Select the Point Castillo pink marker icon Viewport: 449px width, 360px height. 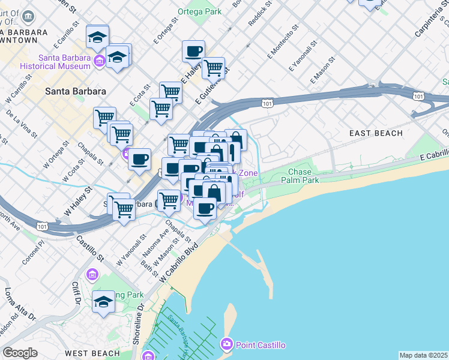pos(227,344)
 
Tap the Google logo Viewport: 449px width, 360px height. pos(20,353)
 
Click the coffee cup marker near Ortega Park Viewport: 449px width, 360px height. pos(193,52)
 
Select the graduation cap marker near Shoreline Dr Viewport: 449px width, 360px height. pos(103,302)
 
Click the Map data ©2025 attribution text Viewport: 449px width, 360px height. pos(424,355)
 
